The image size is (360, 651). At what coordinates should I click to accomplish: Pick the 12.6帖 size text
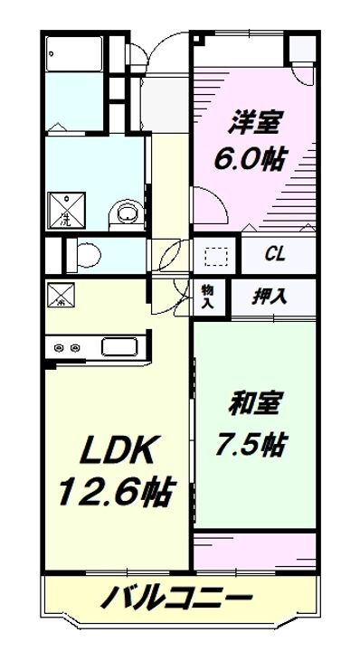[115, 493]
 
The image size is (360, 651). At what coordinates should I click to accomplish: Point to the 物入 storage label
[207, 295]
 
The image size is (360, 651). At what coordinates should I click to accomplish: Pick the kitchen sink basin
[118, 346]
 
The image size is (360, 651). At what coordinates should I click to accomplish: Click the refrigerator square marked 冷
[62, 296]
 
